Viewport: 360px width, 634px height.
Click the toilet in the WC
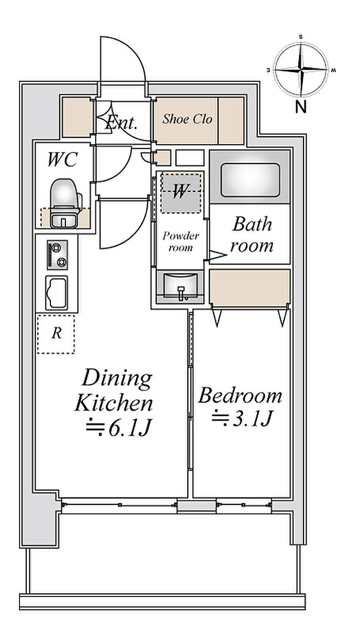pos(65,203)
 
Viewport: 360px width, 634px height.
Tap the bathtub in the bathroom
pos(250,180)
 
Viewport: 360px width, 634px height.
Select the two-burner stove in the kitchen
pos(57,255)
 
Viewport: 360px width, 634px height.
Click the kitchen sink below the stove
pos(57,293)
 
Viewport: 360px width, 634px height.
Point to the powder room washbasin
pos(179,286)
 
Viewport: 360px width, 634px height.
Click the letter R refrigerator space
pos(57,333)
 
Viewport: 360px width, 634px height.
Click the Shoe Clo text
pos(187,119)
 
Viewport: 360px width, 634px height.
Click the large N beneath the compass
pos(301,107)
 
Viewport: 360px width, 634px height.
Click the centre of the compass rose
pos(300,69)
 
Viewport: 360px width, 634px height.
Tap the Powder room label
pos(181,242)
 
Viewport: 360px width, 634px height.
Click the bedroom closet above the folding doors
pos(249,287)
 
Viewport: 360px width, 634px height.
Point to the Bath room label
pos(251,235)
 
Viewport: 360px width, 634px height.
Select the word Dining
pos(117,378)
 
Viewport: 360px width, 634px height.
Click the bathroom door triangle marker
pos(218,255)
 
